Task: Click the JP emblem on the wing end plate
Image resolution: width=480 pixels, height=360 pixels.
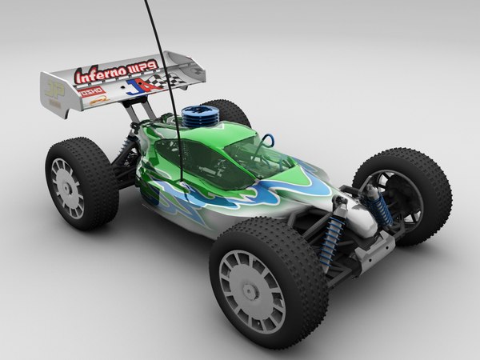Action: pyautogui.click(x=54, y=90)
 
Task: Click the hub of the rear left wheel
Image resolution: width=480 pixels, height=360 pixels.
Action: pyautogui.click(x=67, y=186)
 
